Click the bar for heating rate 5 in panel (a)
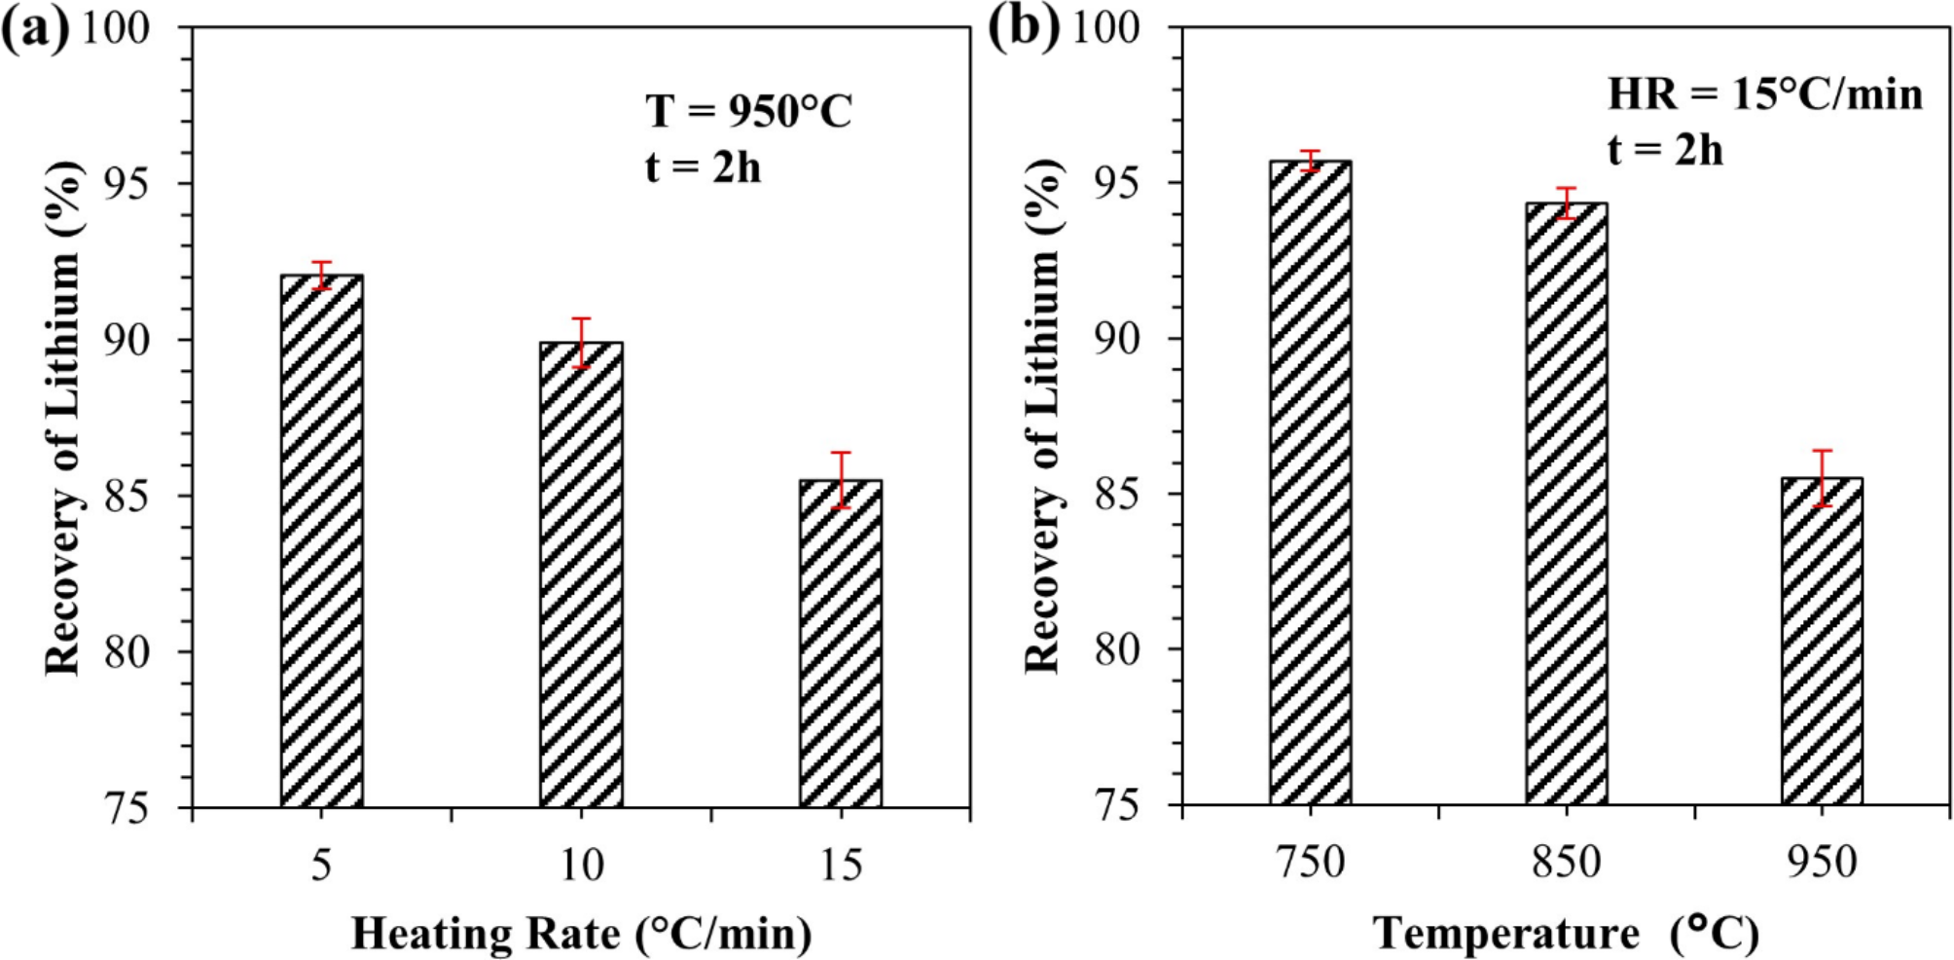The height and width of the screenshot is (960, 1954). [x=322, y=540]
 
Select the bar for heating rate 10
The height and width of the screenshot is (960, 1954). [x=581, y=574]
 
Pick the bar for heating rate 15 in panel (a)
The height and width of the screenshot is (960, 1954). [x=841, y=643]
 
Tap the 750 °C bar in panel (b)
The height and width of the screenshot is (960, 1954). [x=1310, y=482]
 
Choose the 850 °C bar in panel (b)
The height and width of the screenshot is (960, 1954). [x=1566, y=503]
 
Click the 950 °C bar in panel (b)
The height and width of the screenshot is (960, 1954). [x=1822, y=641]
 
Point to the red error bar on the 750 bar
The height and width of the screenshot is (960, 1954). [x=1311, y=161]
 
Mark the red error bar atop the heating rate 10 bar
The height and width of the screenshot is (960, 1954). [x=581, y=343]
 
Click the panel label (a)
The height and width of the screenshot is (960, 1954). [x=36, y=29]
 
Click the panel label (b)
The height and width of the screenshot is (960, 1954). [x=1023, y=29]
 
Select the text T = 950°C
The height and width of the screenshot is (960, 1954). [x=748, y=111]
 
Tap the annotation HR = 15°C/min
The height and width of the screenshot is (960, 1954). [x=1764, y=94]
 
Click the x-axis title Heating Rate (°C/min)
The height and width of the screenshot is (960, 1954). [x=581, y=934]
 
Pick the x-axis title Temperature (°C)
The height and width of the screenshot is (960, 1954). [x=1566, y=934]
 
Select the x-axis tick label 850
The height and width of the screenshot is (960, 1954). [x=1566, y=863]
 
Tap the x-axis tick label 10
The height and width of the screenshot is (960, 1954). [x=581, y=865]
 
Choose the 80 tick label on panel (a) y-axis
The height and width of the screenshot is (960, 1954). [x=127, y=651]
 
